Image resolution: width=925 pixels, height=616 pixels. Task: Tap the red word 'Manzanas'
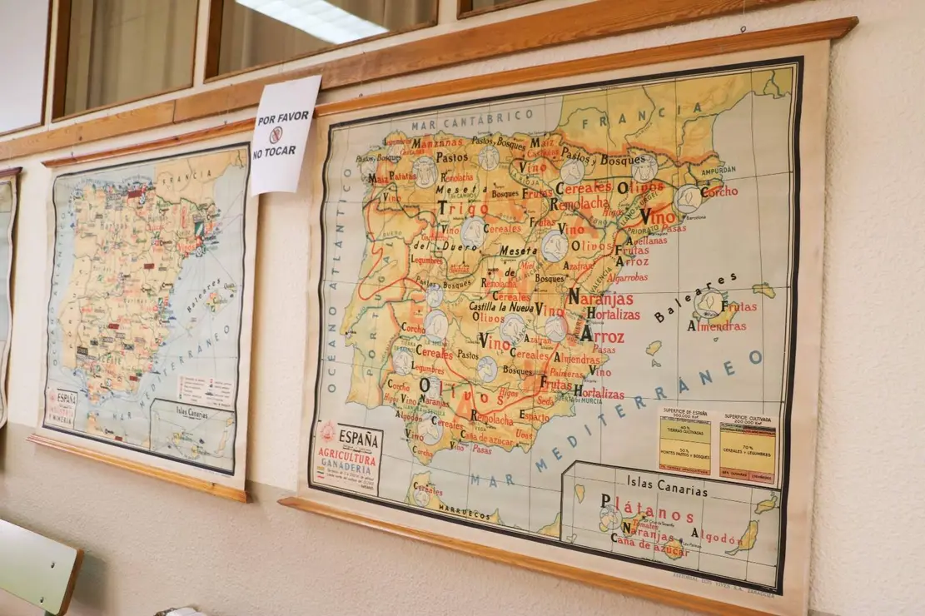point(437,142)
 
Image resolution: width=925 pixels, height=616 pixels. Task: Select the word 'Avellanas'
point(645,239)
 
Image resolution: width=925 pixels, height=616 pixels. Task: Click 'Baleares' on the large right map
point(685,297)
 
